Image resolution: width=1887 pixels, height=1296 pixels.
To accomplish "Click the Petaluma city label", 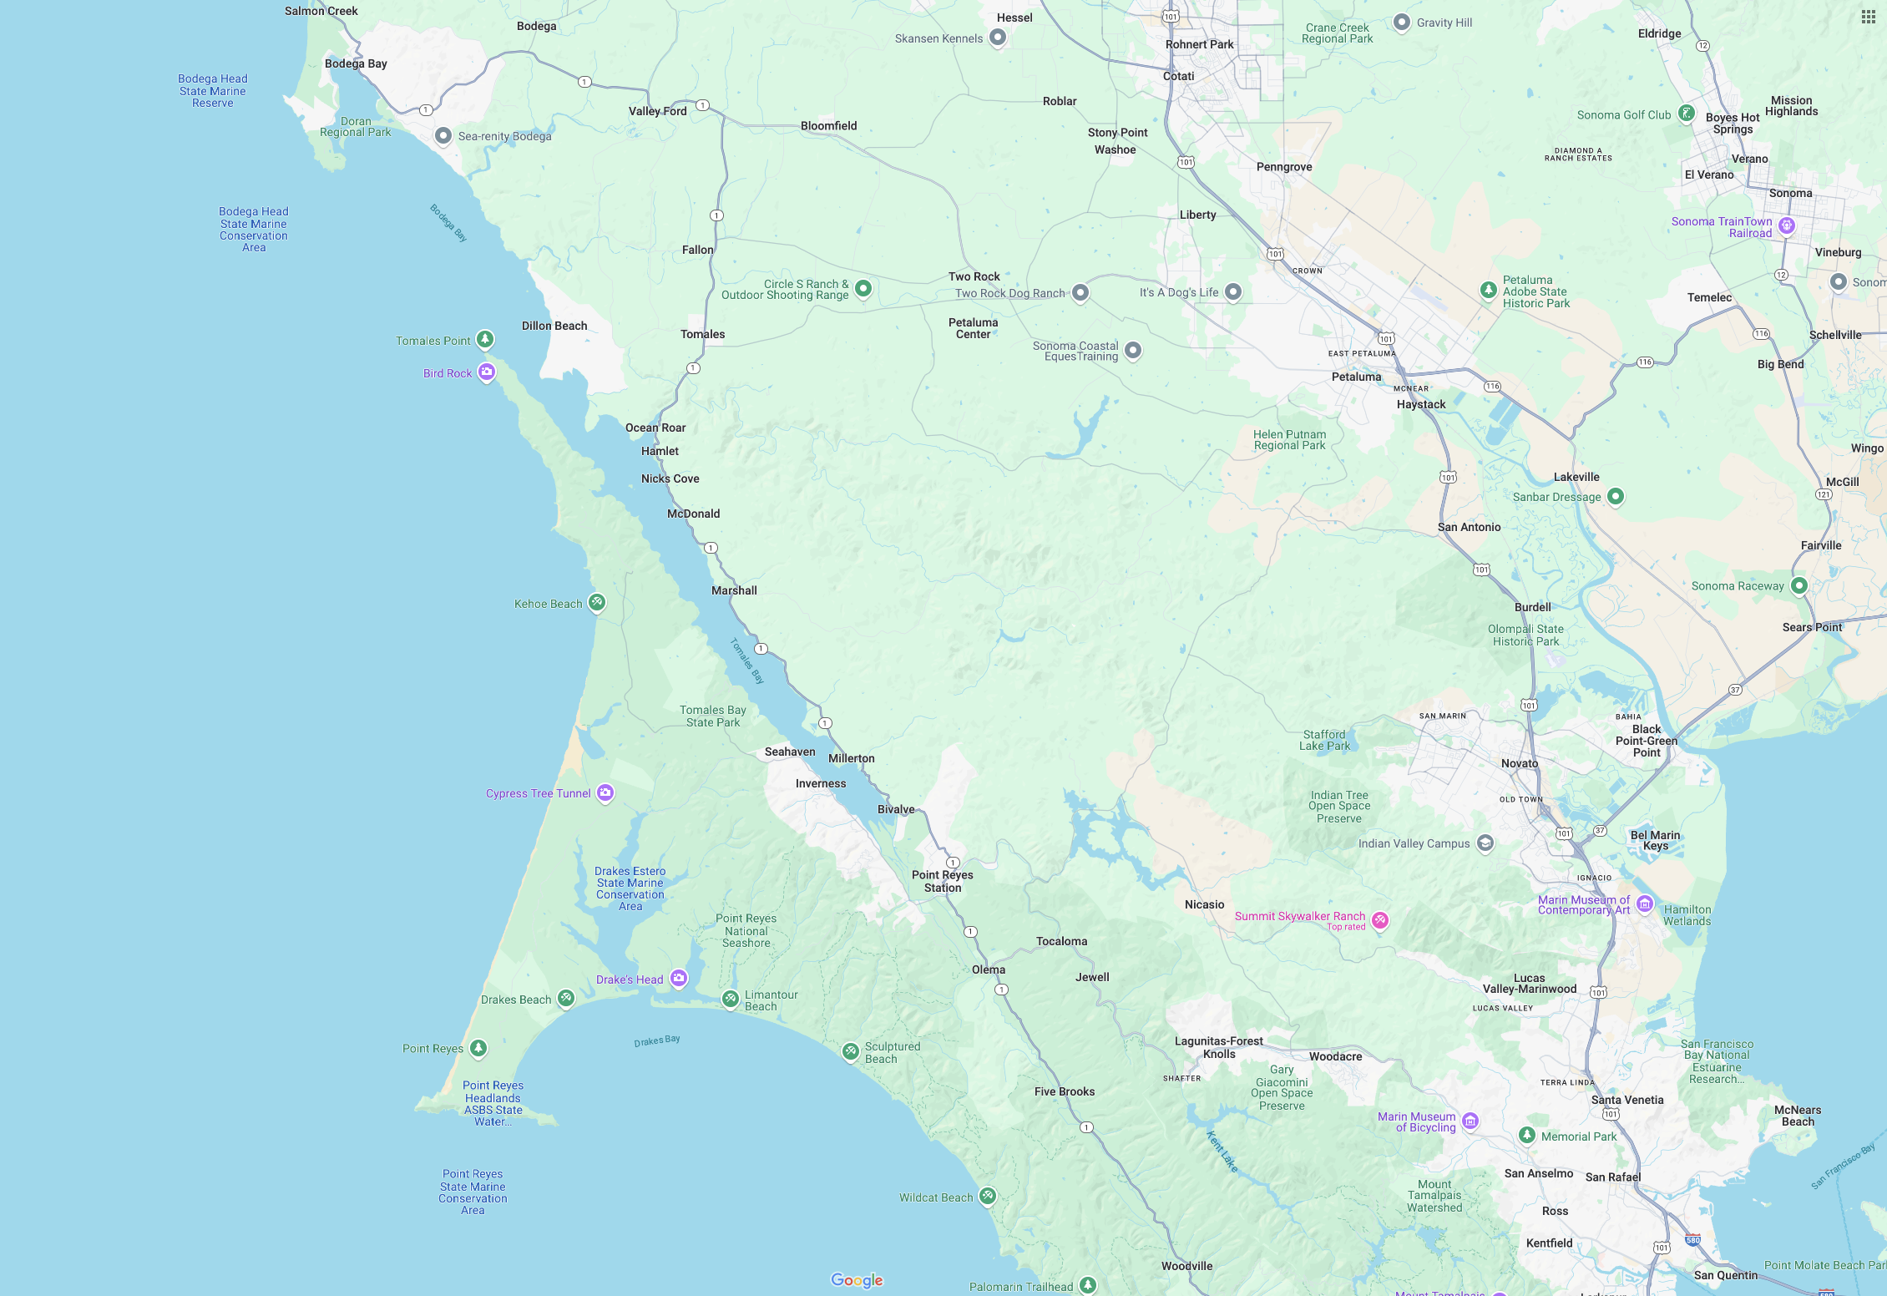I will tap(1356, 377).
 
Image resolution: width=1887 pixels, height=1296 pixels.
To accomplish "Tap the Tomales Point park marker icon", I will tap(485, 339).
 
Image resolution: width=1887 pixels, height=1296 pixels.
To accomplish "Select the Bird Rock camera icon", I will tap(487, 372).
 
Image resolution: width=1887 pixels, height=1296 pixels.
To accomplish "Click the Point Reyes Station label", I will tap(942, 881).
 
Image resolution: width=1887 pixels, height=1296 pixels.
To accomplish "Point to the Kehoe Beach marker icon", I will tap(596, 602).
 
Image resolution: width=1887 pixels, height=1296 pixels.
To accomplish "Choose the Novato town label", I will tap(1519, 763).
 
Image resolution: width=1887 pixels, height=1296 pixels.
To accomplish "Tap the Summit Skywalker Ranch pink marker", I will tap(1380, 919).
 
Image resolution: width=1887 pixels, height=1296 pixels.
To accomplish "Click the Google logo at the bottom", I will tap(857, 1280).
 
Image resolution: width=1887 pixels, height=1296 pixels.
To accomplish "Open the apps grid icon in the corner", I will tap(1868, 18).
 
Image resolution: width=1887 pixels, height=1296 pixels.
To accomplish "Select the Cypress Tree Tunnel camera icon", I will tap(605, 792).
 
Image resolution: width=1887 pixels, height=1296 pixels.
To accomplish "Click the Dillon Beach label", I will tap(554, 326).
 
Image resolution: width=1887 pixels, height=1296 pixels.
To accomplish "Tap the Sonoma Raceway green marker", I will tap(1799, 585).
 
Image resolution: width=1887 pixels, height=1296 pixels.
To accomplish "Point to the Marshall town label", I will tap(734, 590).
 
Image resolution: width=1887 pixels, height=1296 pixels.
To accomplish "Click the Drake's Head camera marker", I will tap(679, 978).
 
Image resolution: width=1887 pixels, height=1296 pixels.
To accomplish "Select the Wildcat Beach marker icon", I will tap(988, 1196).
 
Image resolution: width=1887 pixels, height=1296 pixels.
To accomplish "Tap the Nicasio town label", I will tap(1204, 904).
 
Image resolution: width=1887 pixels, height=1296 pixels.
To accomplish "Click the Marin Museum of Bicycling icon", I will tap(1470, 1121).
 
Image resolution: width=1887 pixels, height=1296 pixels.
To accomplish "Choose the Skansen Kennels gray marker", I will tap(998, 37).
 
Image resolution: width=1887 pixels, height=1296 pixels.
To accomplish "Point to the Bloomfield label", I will tap(828, 126).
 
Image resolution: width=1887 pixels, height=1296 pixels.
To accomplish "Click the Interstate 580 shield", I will tap(1692, 1240).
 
